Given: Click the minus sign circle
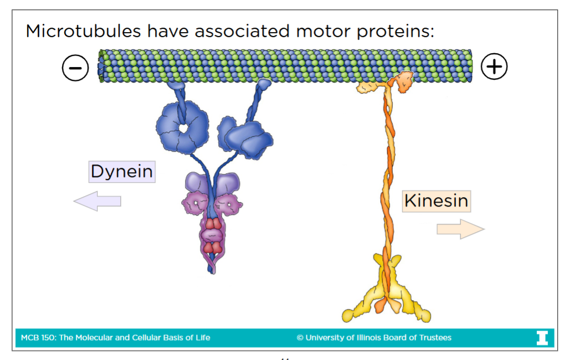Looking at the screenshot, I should [x=75, y=68].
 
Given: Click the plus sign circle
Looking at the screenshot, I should [x=494, y=67].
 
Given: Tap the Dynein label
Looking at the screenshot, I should [x=121, y=172].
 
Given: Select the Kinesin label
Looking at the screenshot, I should [x=436, y=200].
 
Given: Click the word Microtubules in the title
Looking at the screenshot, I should [x=83, y=31].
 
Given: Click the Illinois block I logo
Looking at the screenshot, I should [x=542, y=337].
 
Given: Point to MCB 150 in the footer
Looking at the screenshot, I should [x=35, y=337].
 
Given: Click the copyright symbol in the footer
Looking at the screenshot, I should [x=300, y=337].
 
